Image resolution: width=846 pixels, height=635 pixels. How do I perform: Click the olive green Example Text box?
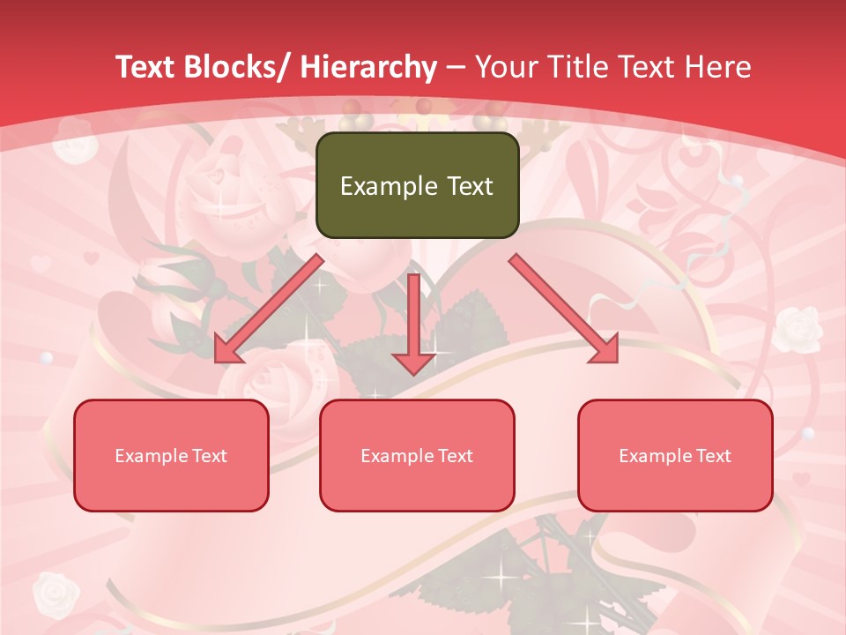(x=417, y=185)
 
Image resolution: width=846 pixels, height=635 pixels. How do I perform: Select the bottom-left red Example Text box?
(x=171, y=455)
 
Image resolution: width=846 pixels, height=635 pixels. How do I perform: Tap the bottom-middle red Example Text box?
(x=417, y=455)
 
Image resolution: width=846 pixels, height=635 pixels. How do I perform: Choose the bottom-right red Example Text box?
(x=675, y=455)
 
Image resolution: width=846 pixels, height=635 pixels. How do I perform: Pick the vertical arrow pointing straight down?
(x=413, y=323)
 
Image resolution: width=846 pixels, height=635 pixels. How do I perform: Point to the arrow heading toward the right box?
(x=564, y=309)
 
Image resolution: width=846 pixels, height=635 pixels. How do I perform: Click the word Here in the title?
(x=718, y=67)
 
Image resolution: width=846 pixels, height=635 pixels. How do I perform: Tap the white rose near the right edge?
(x=798, y=328)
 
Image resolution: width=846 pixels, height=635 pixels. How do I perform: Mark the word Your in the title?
(x=505, y=67)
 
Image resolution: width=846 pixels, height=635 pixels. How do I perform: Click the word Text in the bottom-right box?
(x=713, y=455)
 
